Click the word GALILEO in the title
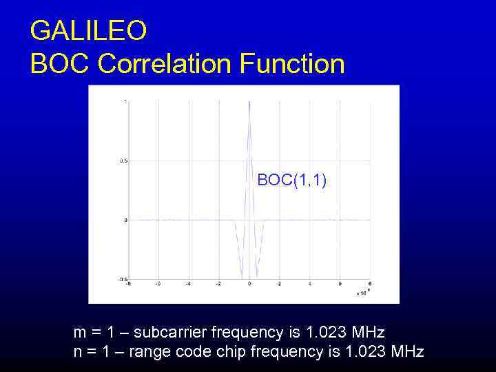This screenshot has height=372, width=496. (x=88, y=30)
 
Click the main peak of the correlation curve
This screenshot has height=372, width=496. (x=249, y=103)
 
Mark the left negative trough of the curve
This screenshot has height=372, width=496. (x=241, y=277)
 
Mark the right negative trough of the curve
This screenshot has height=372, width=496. (x=258, y=277)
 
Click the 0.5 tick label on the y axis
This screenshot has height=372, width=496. (x=123, y=161)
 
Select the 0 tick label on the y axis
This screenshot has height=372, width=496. (x=125, y=220)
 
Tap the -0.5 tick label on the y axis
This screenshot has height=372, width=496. (x=122, y=280)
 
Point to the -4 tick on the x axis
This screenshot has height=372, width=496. (x=189, y=284)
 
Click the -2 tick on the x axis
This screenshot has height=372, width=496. (x=219, y=284)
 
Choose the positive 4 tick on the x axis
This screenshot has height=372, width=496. (x=310, y=284)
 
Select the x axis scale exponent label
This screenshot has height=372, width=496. (x=362, y=292)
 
